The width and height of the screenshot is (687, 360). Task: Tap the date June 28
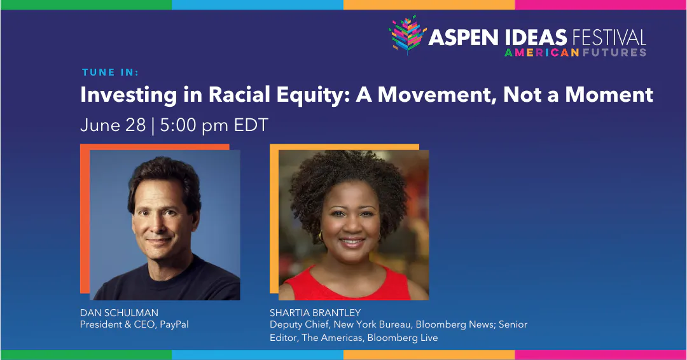click(113, 125)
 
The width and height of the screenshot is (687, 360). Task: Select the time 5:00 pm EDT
click(214, 125)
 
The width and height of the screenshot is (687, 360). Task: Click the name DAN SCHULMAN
click(119, 312)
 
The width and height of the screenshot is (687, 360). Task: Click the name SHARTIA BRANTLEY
click(316, 312)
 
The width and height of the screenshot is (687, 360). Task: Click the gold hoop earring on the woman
click(321, 237)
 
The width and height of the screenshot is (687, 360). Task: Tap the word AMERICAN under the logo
click(541, 52)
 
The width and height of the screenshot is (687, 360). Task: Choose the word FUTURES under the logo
click(614, 52)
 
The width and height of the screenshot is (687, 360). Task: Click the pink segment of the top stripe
click(600, 4)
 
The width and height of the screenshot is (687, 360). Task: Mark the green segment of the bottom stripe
click(86, 355)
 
